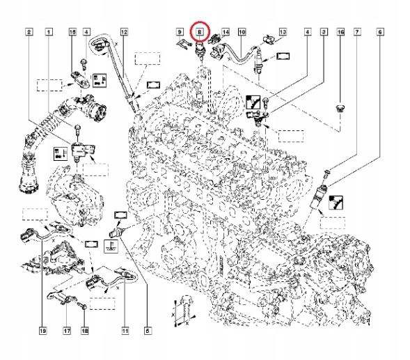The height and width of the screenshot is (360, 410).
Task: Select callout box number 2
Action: pyautogui.click(x=29, y=32)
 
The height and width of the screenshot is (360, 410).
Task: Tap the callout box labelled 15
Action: pyautogui.click(x=72, y=32)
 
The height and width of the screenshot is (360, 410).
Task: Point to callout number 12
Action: pyautogui.click(x=123, y=32)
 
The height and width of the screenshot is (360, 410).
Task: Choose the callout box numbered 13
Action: pyautogui.click(x=283, y=32)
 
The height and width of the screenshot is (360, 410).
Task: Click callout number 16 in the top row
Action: pyautogui.click(x=340, y=32)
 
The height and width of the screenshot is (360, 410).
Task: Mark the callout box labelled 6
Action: pyautogui.click(x=379, y=32)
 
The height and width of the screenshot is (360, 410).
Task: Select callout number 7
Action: pyautogui.click(x=357, y=32)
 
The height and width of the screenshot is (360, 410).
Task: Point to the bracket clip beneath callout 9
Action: pyautogui.click(x=182, y=46)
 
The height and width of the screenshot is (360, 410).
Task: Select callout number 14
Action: pyautogui.click(x=225, y=32)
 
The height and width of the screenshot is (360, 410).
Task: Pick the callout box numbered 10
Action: pyautogui.click(x=242, y=32)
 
